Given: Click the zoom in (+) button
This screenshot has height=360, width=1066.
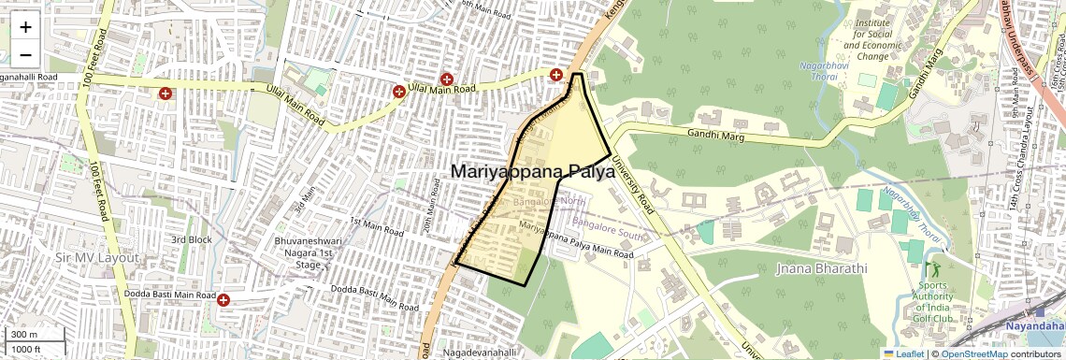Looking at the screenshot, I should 26,27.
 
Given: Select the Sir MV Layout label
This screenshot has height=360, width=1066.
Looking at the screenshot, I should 96,257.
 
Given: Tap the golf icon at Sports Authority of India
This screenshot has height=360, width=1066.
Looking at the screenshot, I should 930,270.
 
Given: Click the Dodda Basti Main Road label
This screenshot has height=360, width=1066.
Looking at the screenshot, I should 169,295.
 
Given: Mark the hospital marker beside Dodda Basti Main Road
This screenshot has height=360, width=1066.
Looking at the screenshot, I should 224,299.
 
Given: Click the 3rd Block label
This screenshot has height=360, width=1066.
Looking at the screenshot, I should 191,239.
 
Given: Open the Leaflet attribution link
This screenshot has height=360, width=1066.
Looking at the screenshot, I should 903,353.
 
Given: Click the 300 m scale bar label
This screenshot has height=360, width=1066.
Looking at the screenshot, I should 24,335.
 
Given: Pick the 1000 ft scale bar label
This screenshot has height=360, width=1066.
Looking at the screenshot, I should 26,349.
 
